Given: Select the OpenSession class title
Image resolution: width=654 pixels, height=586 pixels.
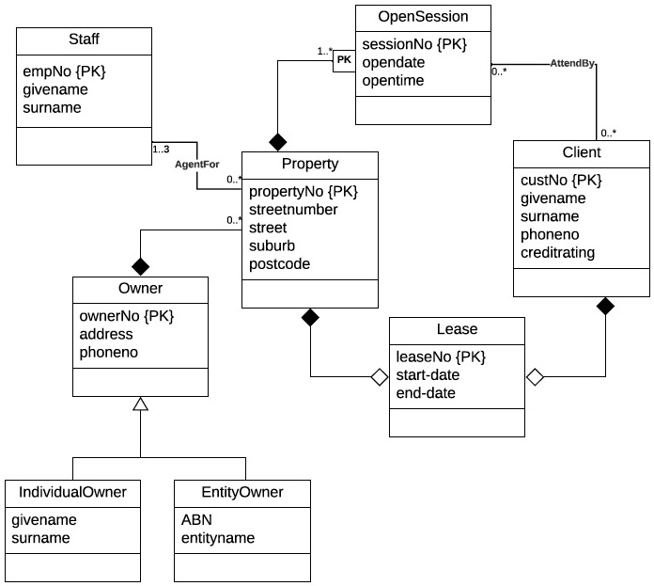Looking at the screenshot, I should (x=423, y=16).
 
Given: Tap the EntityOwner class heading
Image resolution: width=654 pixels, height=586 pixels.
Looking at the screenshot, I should (x=241, y=492).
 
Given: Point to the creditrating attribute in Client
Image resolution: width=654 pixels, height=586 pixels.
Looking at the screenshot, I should (x=558, y=253).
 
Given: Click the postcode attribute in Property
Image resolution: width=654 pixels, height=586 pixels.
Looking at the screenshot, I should (x=281, y=263).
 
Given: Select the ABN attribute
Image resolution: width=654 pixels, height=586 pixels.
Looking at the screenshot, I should (x=196, y=519).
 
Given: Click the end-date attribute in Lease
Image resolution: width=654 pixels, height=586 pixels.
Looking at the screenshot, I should (x=426, y=392).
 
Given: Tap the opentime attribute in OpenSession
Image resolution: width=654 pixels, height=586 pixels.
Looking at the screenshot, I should (x=393, y=81).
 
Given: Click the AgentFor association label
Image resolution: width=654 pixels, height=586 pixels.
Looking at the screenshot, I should (x=197, y=164).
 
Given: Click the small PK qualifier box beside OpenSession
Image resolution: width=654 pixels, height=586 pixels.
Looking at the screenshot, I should (x=344, y=59).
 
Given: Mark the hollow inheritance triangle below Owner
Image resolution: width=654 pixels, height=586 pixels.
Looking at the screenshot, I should (x=140, y=404).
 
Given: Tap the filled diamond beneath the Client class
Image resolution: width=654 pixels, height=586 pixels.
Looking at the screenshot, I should (x=606, y=306).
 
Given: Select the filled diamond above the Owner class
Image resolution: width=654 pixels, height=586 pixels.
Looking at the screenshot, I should (x=140, y=266).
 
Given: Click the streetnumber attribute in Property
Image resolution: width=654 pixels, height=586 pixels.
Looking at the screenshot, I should (x=293, y=209).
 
